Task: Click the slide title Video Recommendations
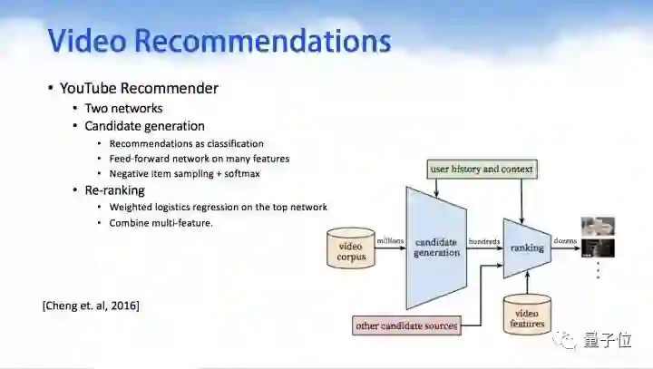point(219,41)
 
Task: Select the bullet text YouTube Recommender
point(138,88)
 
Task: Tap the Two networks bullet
point(123,108)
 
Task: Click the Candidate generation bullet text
point(144,126)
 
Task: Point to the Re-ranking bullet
point(114,190)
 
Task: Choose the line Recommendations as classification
point(186,143)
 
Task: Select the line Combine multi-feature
point(161,222)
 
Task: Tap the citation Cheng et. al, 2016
point(91,305)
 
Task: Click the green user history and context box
point(481,170)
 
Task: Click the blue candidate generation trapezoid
point(436,247)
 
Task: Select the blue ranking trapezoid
point(527,247)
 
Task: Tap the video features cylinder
point(527,313)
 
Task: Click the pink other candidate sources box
point(405,325)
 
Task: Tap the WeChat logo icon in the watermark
point(567,340)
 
